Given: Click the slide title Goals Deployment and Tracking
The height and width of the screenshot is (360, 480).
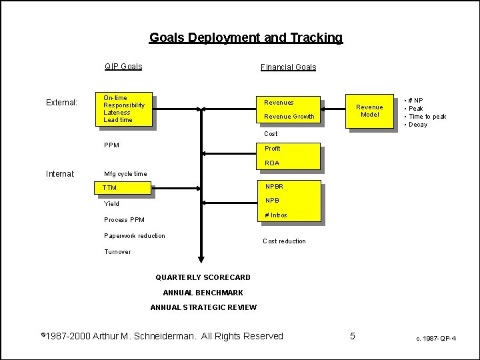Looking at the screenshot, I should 245,38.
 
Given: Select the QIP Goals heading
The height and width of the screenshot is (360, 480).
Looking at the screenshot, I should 123,67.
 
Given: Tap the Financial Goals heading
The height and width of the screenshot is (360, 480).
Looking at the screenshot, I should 288,67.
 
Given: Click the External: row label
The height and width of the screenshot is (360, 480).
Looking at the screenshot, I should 61,103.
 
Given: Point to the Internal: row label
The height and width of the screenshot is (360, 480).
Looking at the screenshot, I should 60,174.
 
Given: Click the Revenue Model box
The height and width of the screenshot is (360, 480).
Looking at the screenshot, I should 369,111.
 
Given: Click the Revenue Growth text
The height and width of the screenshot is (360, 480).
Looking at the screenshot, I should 289,117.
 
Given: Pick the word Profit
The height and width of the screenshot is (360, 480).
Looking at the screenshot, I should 273,149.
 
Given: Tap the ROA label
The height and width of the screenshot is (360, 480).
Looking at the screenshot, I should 272,163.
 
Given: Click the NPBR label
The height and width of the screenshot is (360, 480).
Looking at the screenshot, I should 274,187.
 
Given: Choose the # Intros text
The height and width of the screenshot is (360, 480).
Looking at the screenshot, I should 276,215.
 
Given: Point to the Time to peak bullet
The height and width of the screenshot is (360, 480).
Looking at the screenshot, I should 427,117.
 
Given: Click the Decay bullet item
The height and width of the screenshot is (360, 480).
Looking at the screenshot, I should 418,125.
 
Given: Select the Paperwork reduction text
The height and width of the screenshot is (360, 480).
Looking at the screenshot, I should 135,236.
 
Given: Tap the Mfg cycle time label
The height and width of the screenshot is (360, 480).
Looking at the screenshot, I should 125,174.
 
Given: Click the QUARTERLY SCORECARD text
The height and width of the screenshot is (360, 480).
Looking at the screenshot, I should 203,277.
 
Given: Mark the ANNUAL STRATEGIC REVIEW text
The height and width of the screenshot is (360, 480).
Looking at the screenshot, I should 203,307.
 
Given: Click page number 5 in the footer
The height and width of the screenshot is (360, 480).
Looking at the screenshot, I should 353,336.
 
